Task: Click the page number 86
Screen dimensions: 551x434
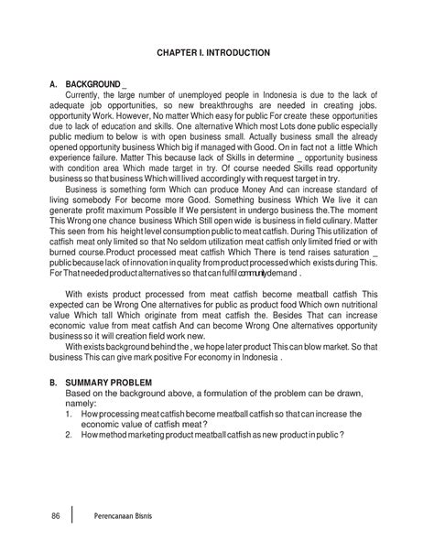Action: point(56,516)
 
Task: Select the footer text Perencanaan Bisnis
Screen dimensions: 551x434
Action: point(122,516)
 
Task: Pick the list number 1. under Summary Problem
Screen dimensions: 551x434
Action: point(70,414)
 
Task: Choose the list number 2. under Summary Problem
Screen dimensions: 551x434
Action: point(70,435)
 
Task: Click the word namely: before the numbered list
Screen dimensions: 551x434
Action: point(83,404)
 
